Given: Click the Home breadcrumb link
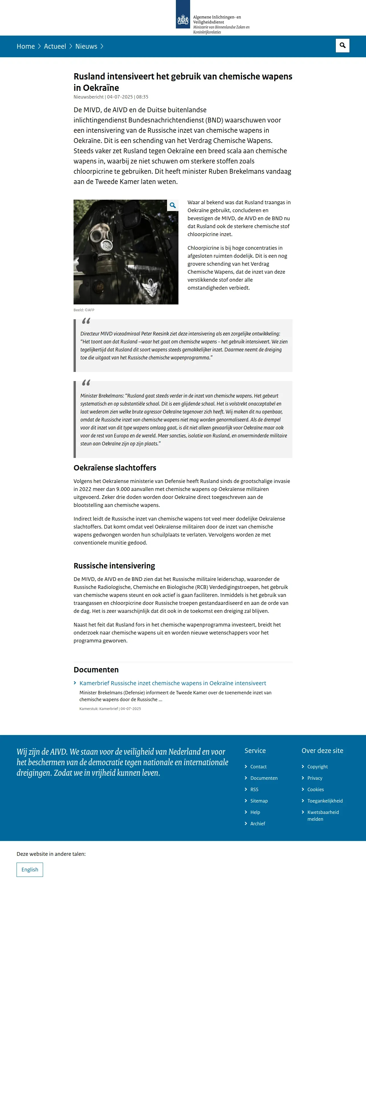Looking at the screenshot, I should click(x=26, y=46).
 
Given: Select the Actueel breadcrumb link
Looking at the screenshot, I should click(x=55, y=46).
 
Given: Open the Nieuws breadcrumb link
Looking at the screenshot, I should click(x=86, y=46).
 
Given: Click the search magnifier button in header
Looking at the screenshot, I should click(x=342, y=46).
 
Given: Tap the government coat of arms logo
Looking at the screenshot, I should click(x=183, y=19).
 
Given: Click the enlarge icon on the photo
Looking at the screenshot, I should click(x=172, y=206).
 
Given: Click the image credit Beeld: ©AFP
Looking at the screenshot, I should click(x=84, y=310).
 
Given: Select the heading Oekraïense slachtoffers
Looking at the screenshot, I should click(x=115, y=468).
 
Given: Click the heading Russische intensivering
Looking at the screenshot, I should click(x=114, y=566).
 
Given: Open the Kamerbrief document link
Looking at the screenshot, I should click(x=172, y=683).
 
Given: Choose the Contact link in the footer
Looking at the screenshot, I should click(x=258, y=767).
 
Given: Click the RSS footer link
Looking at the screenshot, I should click(x=254, y=789).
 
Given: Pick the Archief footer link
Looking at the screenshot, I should click(x=258, y=824).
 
